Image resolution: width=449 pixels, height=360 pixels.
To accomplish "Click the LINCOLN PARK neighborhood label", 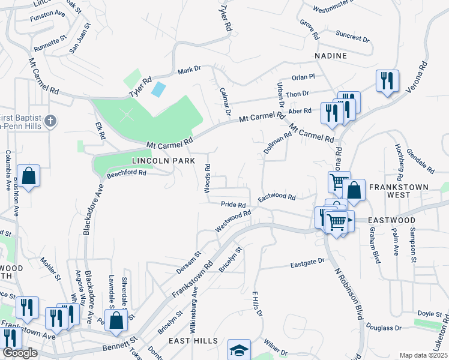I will pyautogui.click(x=163, y=161).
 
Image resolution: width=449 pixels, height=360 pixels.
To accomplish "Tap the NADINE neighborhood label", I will pyautogui.click(x=331, y=56).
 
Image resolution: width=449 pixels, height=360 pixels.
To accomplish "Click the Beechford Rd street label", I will pyautogui.click(x=127, y=174).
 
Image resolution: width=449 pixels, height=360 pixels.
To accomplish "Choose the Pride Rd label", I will pyautogui.click(x=234, y=205).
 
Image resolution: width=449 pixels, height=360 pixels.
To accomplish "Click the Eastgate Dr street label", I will pyautogui.click(x=307, y=262).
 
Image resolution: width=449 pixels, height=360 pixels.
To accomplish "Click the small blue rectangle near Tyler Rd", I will pyautogui.click(x=158, y=90).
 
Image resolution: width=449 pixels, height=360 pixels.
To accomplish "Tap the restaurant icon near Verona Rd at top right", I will pyautogui.click(x=387, y=80).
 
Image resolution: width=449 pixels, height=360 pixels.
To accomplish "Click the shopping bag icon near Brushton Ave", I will pyautogui.click(x=28, y=175).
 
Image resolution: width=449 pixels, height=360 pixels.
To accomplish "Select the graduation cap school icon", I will pyautogui.click(x=239, y=350).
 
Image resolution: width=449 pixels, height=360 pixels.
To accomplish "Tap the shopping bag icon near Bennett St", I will pyautogui.click(x=117, y=320).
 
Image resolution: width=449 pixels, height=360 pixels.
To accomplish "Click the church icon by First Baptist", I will pyautogui.click(x=52, y=121).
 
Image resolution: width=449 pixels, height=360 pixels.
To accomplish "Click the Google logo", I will pyautogui.click(x=20, y=353).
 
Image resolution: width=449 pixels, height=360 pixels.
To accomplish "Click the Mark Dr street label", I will pyautogui.click(x=189, y=71).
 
